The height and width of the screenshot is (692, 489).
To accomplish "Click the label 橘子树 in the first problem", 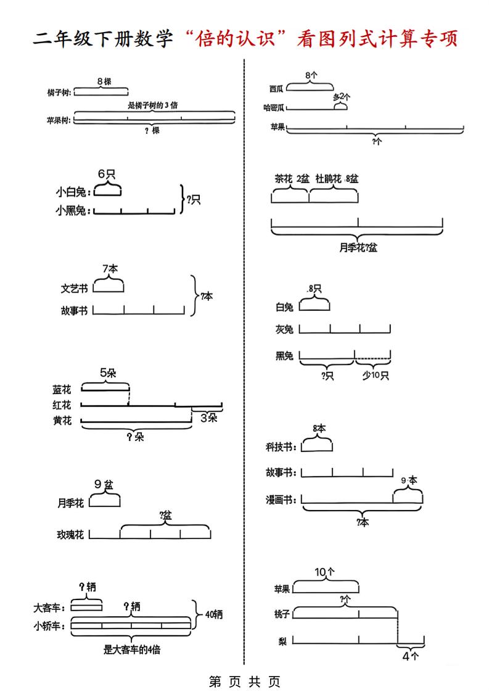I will [x=59, y=93].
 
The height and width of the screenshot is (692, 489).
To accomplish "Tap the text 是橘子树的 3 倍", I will [x=153, y=105].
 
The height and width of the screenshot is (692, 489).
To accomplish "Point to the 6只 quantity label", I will [x=107, y=174].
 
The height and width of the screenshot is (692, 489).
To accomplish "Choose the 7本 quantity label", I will [x=110, y=269].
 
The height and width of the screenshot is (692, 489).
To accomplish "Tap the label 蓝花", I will [x=62, y=390].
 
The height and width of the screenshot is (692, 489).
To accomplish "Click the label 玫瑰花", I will [x=70, y=535].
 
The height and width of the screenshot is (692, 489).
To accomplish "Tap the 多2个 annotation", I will [x=341, y=97].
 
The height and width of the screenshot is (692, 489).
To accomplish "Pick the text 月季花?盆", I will [x=358, y=248].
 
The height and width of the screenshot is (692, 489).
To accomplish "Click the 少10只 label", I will [x=375, y=376].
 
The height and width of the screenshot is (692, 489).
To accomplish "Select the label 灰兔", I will [x=284, y=330].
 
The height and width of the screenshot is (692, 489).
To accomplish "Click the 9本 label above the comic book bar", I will [x=409, y=480].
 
